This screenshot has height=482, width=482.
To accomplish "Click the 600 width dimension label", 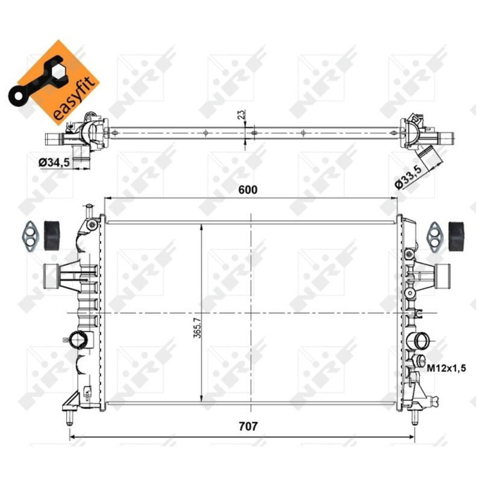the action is pos(248,190).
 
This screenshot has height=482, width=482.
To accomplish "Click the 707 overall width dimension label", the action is pos(248,427).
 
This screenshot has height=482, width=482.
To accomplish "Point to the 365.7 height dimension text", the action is pos(197,328).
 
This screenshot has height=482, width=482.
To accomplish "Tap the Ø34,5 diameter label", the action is pos(54,162).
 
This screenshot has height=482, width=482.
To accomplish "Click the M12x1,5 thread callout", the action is pos(446,368).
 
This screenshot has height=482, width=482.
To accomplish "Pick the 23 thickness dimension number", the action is pos(242,114).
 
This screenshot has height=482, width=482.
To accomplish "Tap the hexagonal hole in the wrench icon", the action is pos(57,72).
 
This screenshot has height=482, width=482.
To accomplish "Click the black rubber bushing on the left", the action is pos(52,235).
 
